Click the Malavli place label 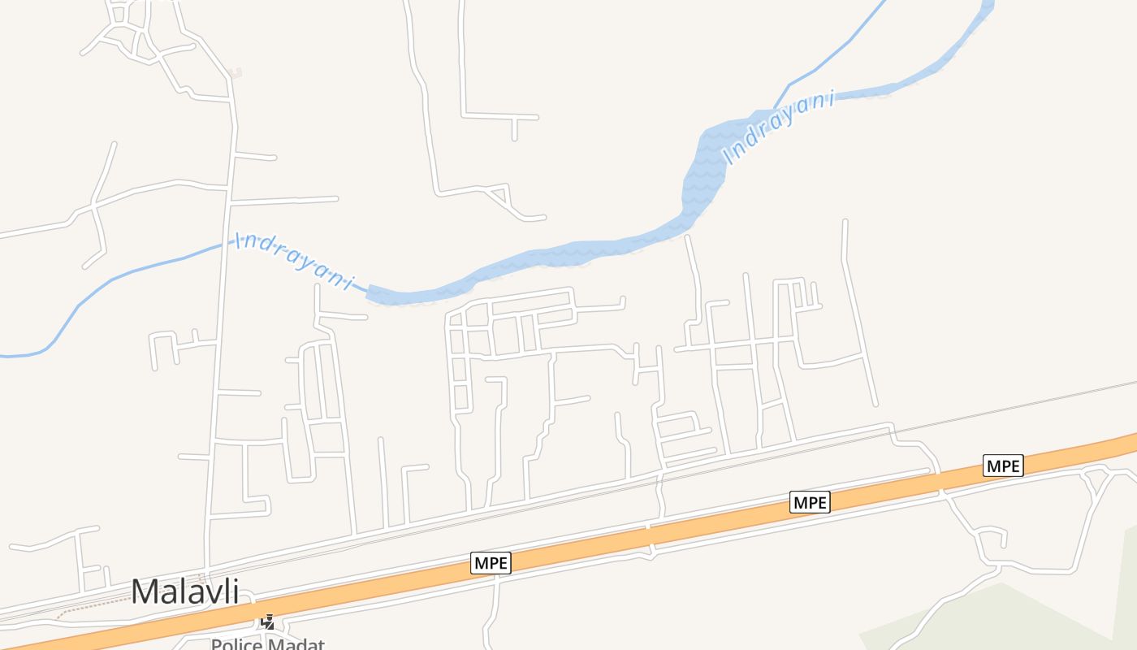point(185,591)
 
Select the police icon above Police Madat point(267,622)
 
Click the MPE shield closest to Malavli point(491,562)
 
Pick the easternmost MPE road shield point(1003,466)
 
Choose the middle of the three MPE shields point(810,502)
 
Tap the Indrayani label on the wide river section point(780,128)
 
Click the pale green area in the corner point(1015,622)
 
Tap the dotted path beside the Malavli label point(89,605)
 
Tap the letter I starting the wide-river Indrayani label point(730,156)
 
